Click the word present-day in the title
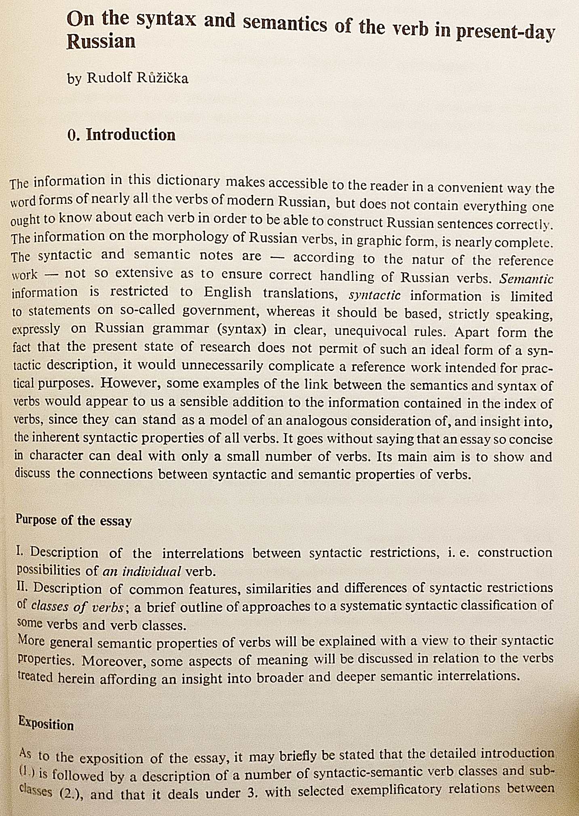pyautogui.click(x=505, y=33)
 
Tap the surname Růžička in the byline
pyautogui.click(x=162, y=78)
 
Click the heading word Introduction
pyautogui.click(x=131, y=135)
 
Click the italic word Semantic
pyautogui.click(x=526, y=279)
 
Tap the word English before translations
pyautogui.click(x=227, y=292)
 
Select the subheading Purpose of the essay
pyautogui.click(x=74, y=520)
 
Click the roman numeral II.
pyautogui.click(x=23, y=587)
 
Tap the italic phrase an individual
pyautogui.click(x=142, y=572)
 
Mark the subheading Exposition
pyautogui.click(x=46, y=724)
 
